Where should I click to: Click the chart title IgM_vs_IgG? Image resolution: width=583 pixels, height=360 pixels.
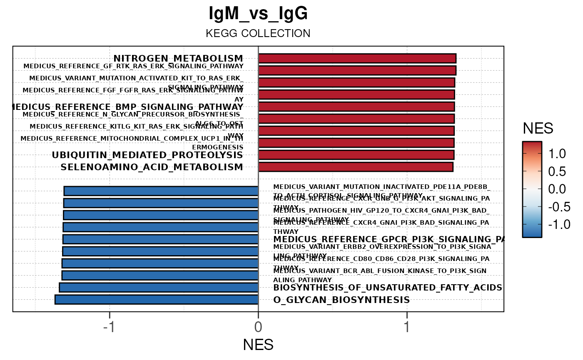pyautogui.click(x=258, y=14)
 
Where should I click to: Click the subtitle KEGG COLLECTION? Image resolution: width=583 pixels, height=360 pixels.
pyautogui.click(x=258, y=33)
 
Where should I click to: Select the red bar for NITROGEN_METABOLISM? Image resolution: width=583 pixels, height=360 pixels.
pyautogui.click(x=357, y=58)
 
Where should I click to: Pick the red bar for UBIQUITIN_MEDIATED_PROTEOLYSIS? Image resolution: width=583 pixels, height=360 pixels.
pyautogui.click(x=356, y=155)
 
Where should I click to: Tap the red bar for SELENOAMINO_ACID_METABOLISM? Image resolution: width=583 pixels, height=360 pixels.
pyautogui.click(x=356, y=167)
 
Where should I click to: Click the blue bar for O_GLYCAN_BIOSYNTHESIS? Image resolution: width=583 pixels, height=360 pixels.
pyautogui.click(x=157, y=300)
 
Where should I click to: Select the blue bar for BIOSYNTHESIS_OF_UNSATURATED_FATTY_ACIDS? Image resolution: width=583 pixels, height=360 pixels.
pyautogui.click(x=159, y=288)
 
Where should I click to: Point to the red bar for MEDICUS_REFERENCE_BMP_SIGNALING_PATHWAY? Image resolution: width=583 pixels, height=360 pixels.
pyautogui.click(x=356, y=107)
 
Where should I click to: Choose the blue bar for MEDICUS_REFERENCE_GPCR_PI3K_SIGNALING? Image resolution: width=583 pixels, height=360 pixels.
pyautogui.click(x=160, y=239)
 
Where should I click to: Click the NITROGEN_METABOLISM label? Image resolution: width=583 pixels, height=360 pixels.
pyautogui.click(x=178, y=58)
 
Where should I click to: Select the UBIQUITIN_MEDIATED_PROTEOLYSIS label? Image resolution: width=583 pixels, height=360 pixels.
pyautogui.click(x=147, y=155)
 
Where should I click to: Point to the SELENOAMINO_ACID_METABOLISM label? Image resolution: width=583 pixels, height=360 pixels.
pyautogui.click(x=152, y=167)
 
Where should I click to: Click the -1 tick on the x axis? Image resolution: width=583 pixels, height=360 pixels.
pyautogui.click(x=109, y=327)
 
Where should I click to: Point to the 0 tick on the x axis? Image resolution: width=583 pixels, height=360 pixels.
pyautogui.click(x=258, y=327)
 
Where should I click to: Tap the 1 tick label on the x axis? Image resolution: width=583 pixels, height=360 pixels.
pyautogui.click(x=407, y=327)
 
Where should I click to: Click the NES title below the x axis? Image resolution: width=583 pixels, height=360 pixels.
pyautogui.click(x=258, y=345)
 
